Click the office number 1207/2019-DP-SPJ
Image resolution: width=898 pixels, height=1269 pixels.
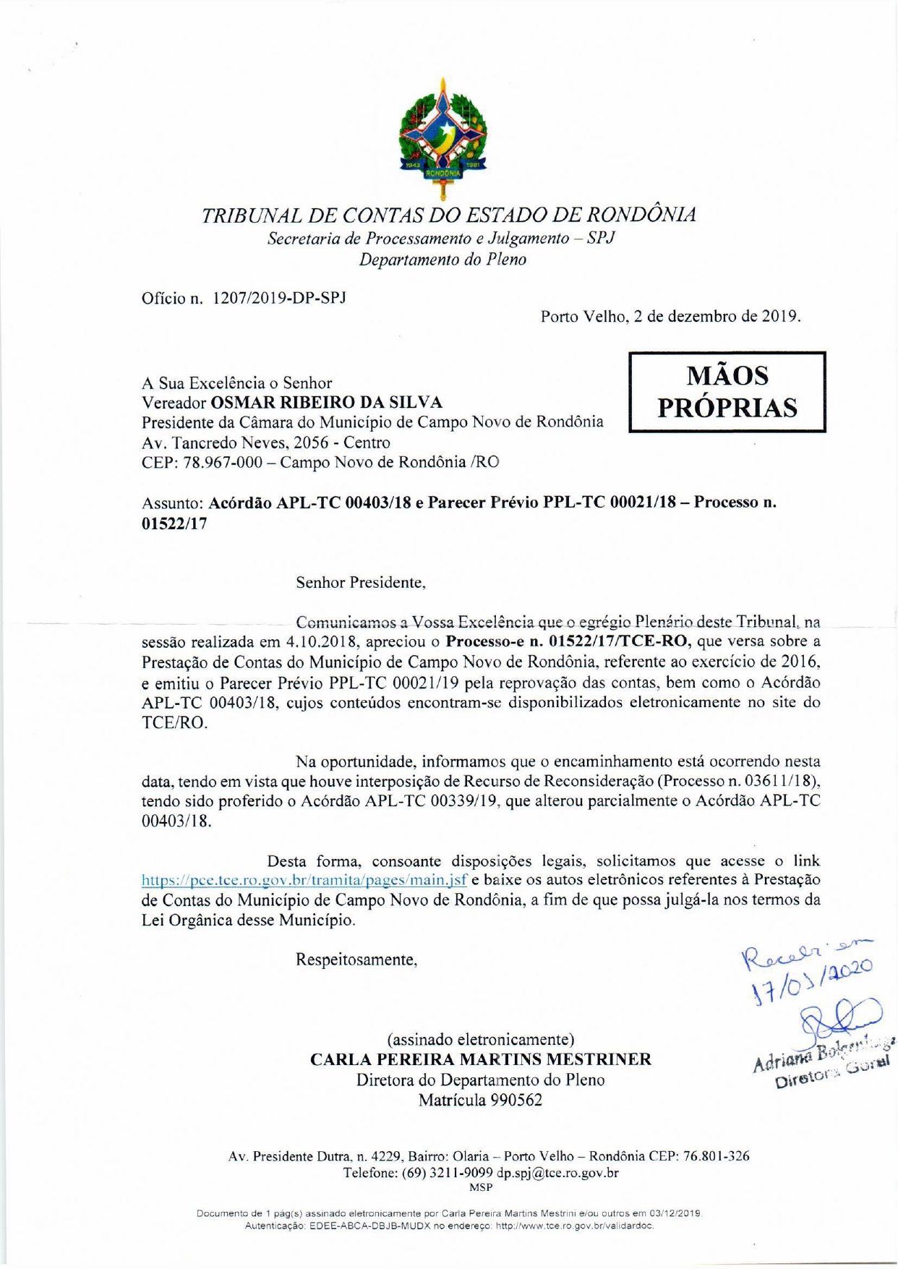pyautogui.click(x=279, y=298)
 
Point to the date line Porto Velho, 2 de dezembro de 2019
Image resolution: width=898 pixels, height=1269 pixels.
pyautogui.click(x=670, y=317)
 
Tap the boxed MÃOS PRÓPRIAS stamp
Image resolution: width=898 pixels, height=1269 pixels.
pyautogui.click(x=727, y=392)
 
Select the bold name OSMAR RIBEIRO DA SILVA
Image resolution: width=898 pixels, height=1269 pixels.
pyautogui.click(x=326, y=403)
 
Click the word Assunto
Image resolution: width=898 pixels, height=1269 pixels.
pyautogui.click(x=172, y=503)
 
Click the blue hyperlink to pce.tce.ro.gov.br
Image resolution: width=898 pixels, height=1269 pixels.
pyautogui.click(x=304, y=881)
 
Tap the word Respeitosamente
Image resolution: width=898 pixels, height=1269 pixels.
pyautogui.click(x=356, y=960)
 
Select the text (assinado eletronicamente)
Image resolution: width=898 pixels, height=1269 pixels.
pyautogui.click(x=481, y=1040)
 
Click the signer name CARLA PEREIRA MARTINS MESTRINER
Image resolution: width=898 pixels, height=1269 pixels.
pyautogui.click(x=481, y=1060)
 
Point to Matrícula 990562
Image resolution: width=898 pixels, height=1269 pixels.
pyautogui.click(x=481, y=1101)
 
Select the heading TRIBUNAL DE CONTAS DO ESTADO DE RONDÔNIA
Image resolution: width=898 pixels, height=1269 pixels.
pyautogui.click(x=448, y=215)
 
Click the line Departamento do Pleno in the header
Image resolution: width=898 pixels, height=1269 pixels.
pyautogui.click(x=442, y=260)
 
